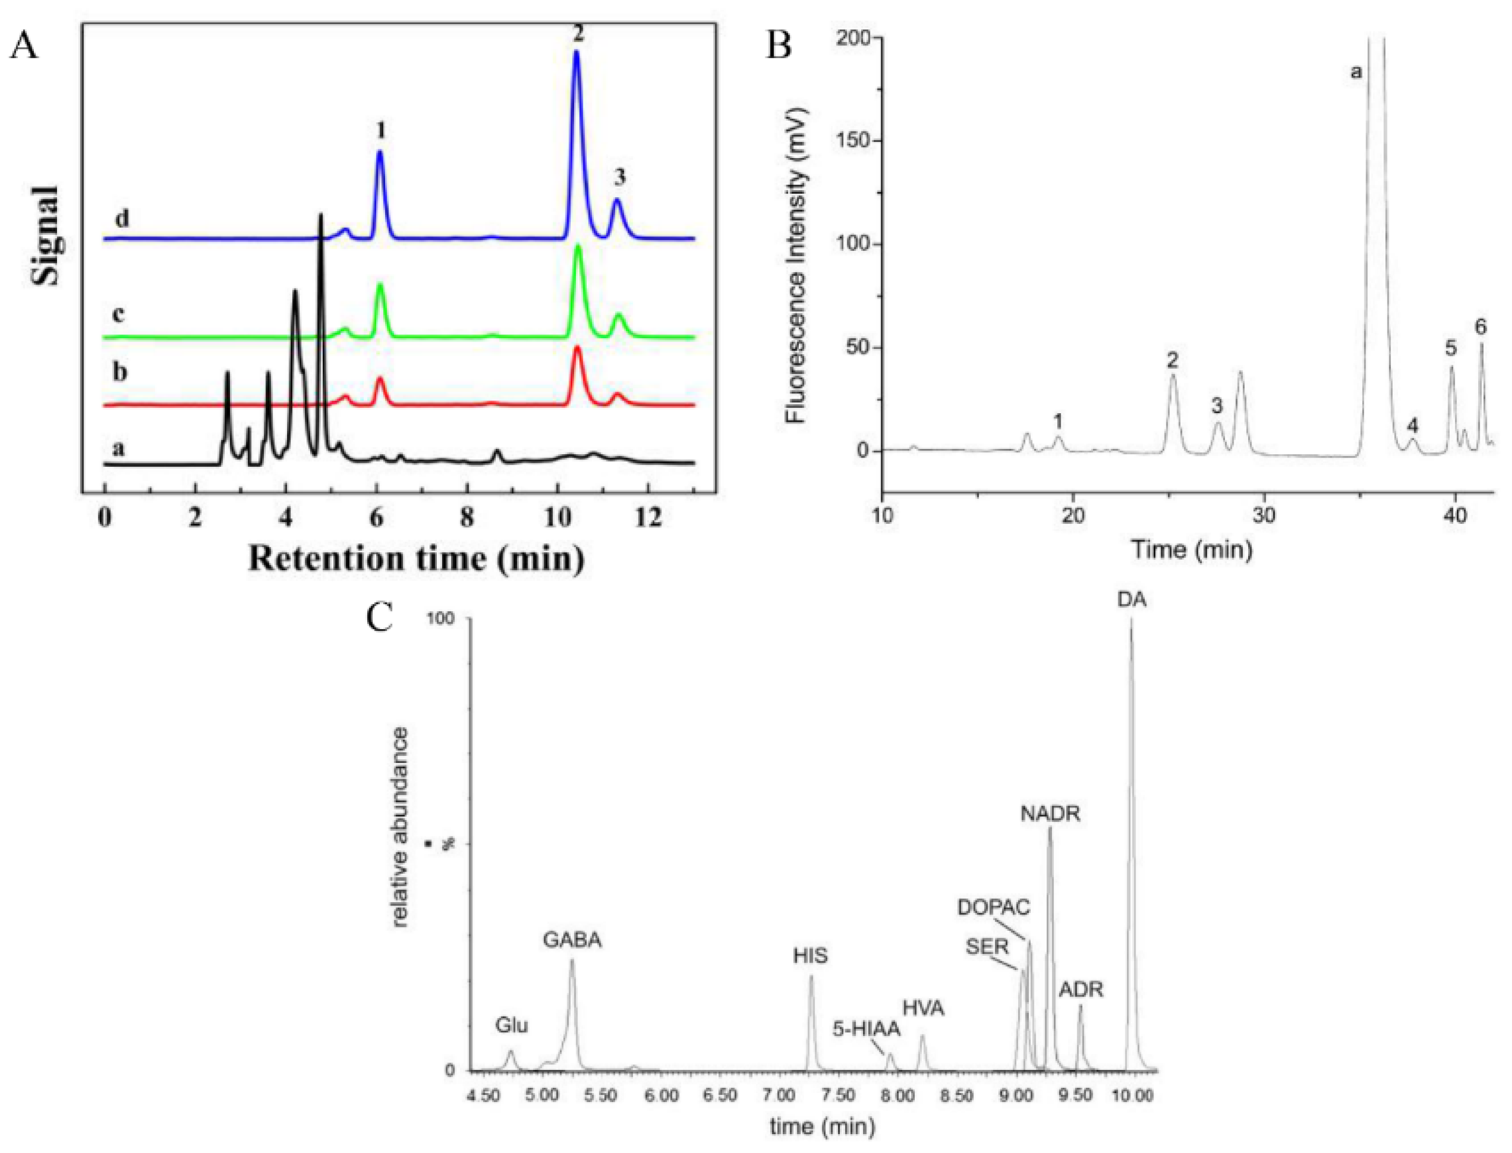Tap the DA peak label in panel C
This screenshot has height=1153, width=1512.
point(1131,599)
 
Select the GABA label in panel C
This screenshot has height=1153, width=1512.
point(572,939)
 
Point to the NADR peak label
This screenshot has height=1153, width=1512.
point(1050,814)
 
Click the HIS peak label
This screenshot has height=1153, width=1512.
point(810,955)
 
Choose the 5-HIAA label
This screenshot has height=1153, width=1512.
point(866,1029)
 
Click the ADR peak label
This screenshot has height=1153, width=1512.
point(1080,990)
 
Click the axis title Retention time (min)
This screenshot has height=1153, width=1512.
point(416,558)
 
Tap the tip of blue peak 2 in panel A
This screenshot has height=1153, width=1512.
point(576,52)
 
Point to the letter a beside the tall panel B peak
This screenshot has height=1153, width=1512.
point(1355,72)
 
